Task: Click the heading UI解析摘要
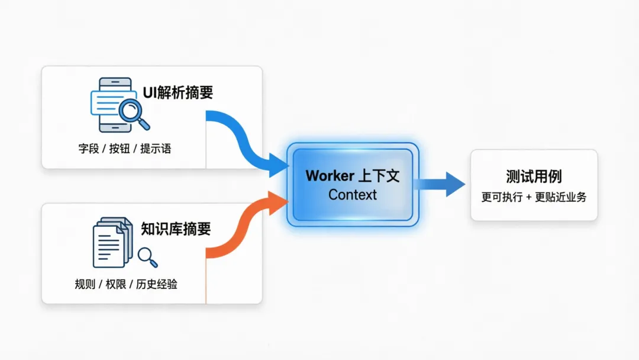(177, 93)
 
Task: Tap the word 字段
(89, 149)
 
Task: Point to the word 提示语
(156, 149)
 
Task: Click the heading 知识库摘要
(176, 229)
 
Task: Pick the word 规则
(85, 284)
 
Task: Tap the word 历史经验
(156, 284)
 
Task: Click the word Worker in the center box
(329, 176)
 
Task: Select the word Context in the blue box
(353, 195)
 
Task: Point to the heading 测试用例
(534, 176)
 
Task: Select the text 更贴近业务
(560, 197)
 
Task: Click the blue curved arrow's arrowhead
(277, 164)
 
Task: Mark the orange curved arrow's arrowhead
(277, 203)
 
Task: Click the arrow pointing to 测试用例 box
(453, 184)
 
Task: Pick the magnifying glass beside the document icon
(147, 256)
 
